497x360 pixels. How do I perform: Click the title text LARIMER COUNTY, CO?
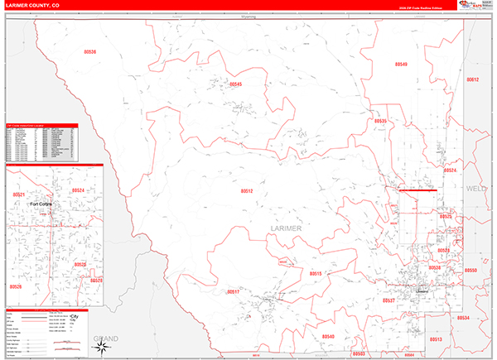point(34,6)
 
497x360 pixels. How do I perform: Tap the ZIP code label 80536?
point(89,52)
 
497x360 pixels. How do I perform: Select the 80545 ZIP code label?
point(235,84)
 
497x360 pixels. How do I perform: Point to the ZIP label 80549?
point(401,64)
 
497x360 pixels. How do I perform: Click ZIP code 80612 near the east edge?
point(472,79)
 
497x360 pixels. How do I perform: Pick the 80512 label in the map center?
point(247,191)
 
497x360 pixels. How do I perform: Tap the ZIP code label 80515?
point(315,273)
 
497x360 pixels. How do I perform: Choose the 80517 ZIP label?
point(233,291)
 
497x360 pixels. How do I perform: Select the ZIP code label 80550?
point(470,271)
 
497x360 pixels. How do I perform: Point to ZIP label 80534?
point(463,318)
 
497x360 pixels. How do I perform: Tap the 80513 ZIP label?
point(436,339)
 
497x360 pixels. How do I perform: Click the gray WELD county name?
point(478,189)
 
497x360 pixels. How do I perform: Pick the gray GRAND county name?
point(106,338)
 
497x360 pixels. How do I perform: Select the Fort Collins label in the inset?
point(42,203)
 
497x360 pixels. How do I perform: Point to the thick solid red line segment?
point(417,190)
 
